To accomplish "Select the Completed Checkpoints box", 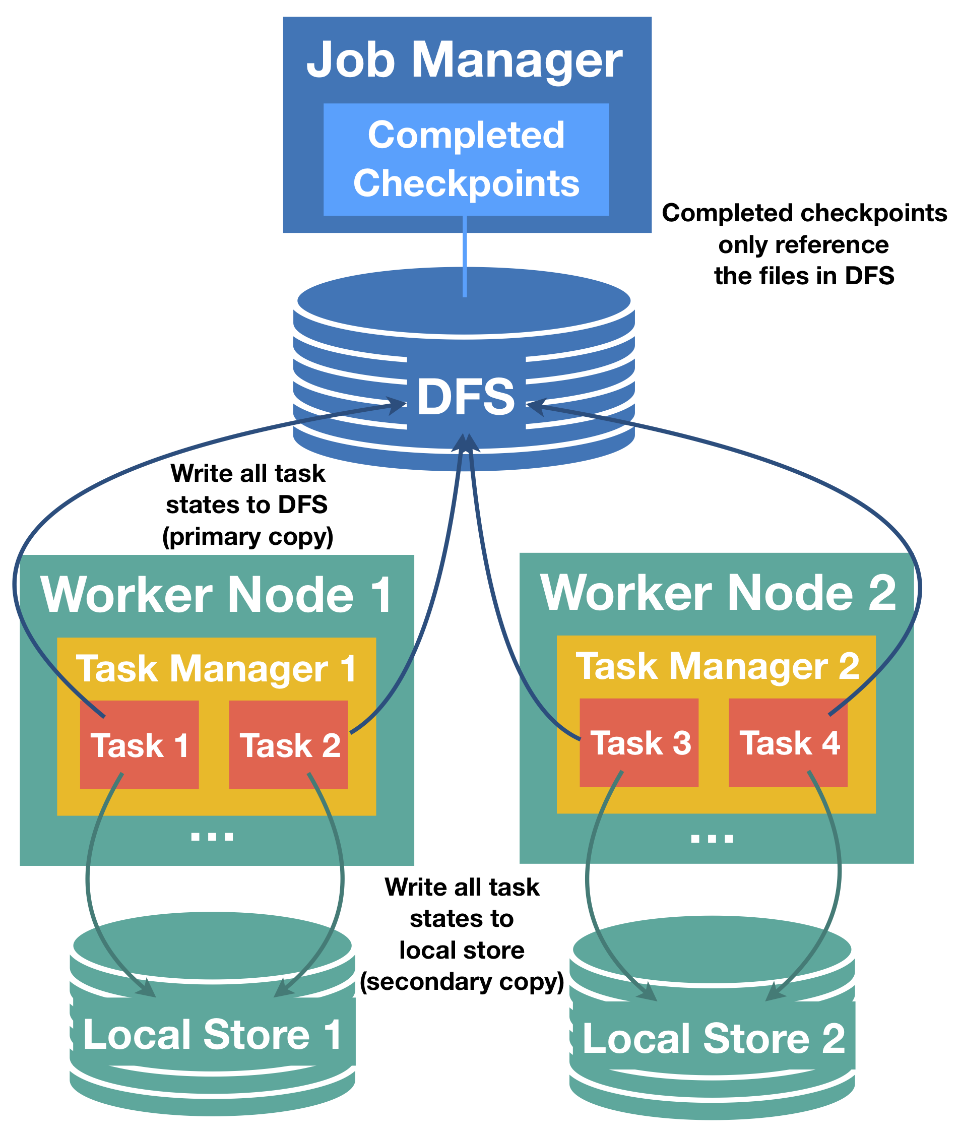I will coord(466,159).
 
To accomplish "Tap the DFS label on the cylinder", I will coord(466,397).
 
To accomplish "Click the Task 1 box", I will coord(139,745).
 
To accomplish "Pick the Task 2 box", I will coord(289,745).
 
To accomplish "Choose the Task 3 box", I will coord(640,743).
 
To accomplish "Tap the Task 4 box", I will coord(788,743).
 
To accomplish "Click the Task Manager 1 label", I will coord(216,669).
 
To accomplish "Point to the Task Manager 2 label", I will coord(717,666).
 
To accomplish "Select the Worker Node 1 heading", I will coord(216,595).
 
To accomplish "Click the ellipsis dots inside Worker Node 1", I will coord(212,837).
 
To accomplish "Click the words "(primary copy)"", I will coord(248,537).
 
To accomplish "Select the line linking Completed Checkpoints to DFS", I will coord(465,256).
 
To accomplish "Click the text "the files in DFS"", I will coord(804,276).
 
